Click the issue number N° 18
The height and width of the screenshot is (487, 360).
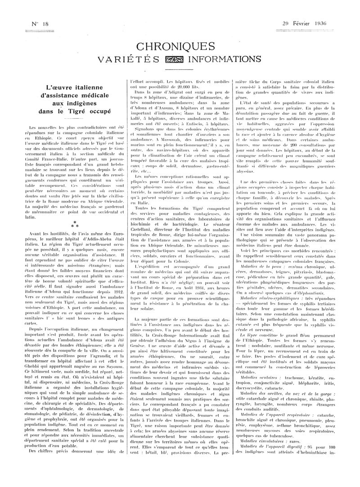pyautogui.click(x=34, y=23)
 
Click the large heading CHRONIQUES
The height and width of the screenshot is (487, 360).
pyautogui.click(x=180, y=47)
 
